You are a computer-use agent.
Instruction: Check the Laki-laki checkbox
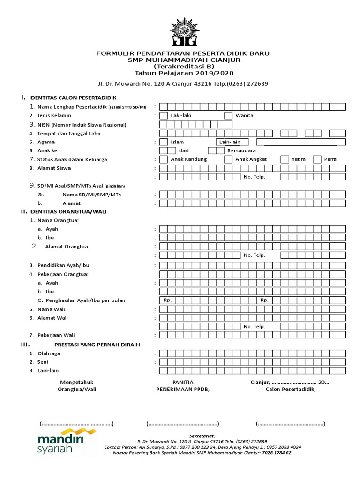point(164,115)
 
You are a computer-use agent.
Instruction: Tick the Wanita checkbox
point(228,115)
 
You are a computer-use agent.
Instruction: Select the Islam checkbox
point(164,142)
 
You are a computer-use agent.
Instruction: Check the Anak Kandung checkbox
point(164,159)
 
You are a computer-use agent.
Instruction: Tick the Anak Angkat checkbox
point(228,159)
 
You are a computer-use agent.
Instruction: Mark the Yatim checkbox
point(284,159)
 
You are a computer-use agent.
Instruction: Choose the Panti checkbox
point(317,159)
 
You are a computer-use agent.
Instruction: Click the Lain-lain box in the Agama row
point(232,142)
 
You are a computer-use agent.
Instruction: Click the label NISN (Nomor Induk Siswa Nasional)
point(82,125)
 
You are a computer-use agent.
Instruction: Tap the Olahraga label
point(49,353)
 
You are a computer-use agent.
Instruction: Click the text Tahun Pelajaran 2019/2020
point(183,73)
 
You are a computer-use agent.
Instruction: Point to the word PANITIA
point(183,382)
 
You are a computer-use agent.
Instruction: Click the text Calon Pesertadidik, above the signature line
point(291,389)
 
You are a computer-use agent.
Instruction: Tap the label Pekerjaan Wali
point(56,335)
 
